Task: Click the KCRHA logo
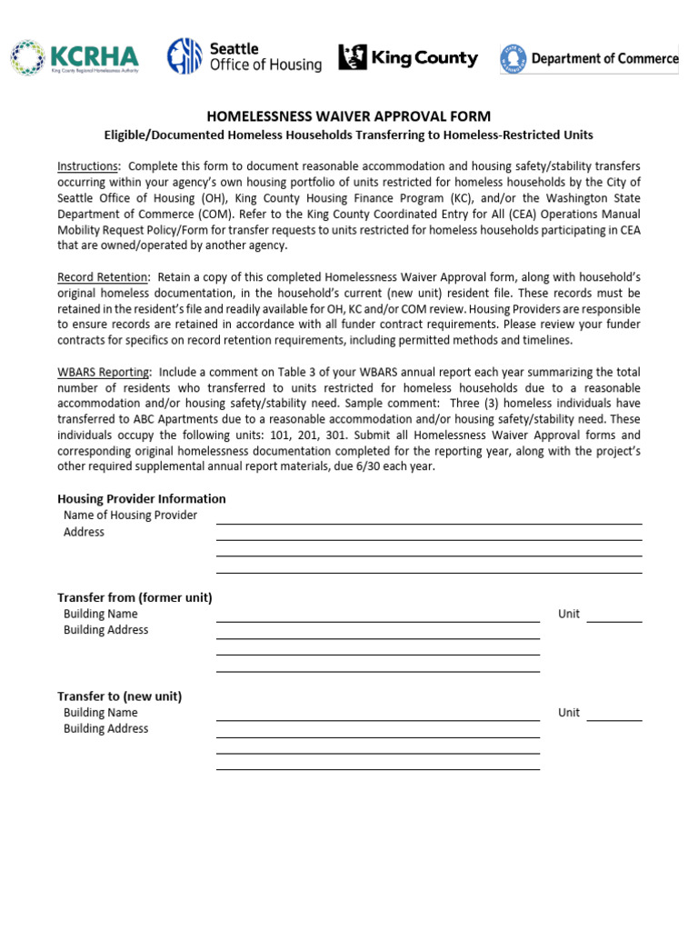[75, 57]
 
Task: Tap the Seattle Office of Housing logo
[244, 56]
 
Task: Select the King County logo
[408, 58]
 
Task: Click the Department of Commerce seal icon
[513, 58]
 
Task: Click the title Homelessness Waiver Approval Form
[349, 116]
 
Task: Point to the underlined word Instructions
[88, 166]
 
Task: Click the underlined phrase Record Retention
[102, 276]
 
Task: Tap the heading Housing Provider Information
[142, 498]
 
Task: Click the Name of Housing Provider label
[130, 516]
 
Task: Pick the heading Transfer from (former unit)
[135, 597]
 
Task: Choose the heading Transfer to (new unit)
[120, 696]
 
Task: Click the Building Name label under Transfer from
[101, 614]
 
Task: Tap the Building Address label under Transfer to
[105, 729]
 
